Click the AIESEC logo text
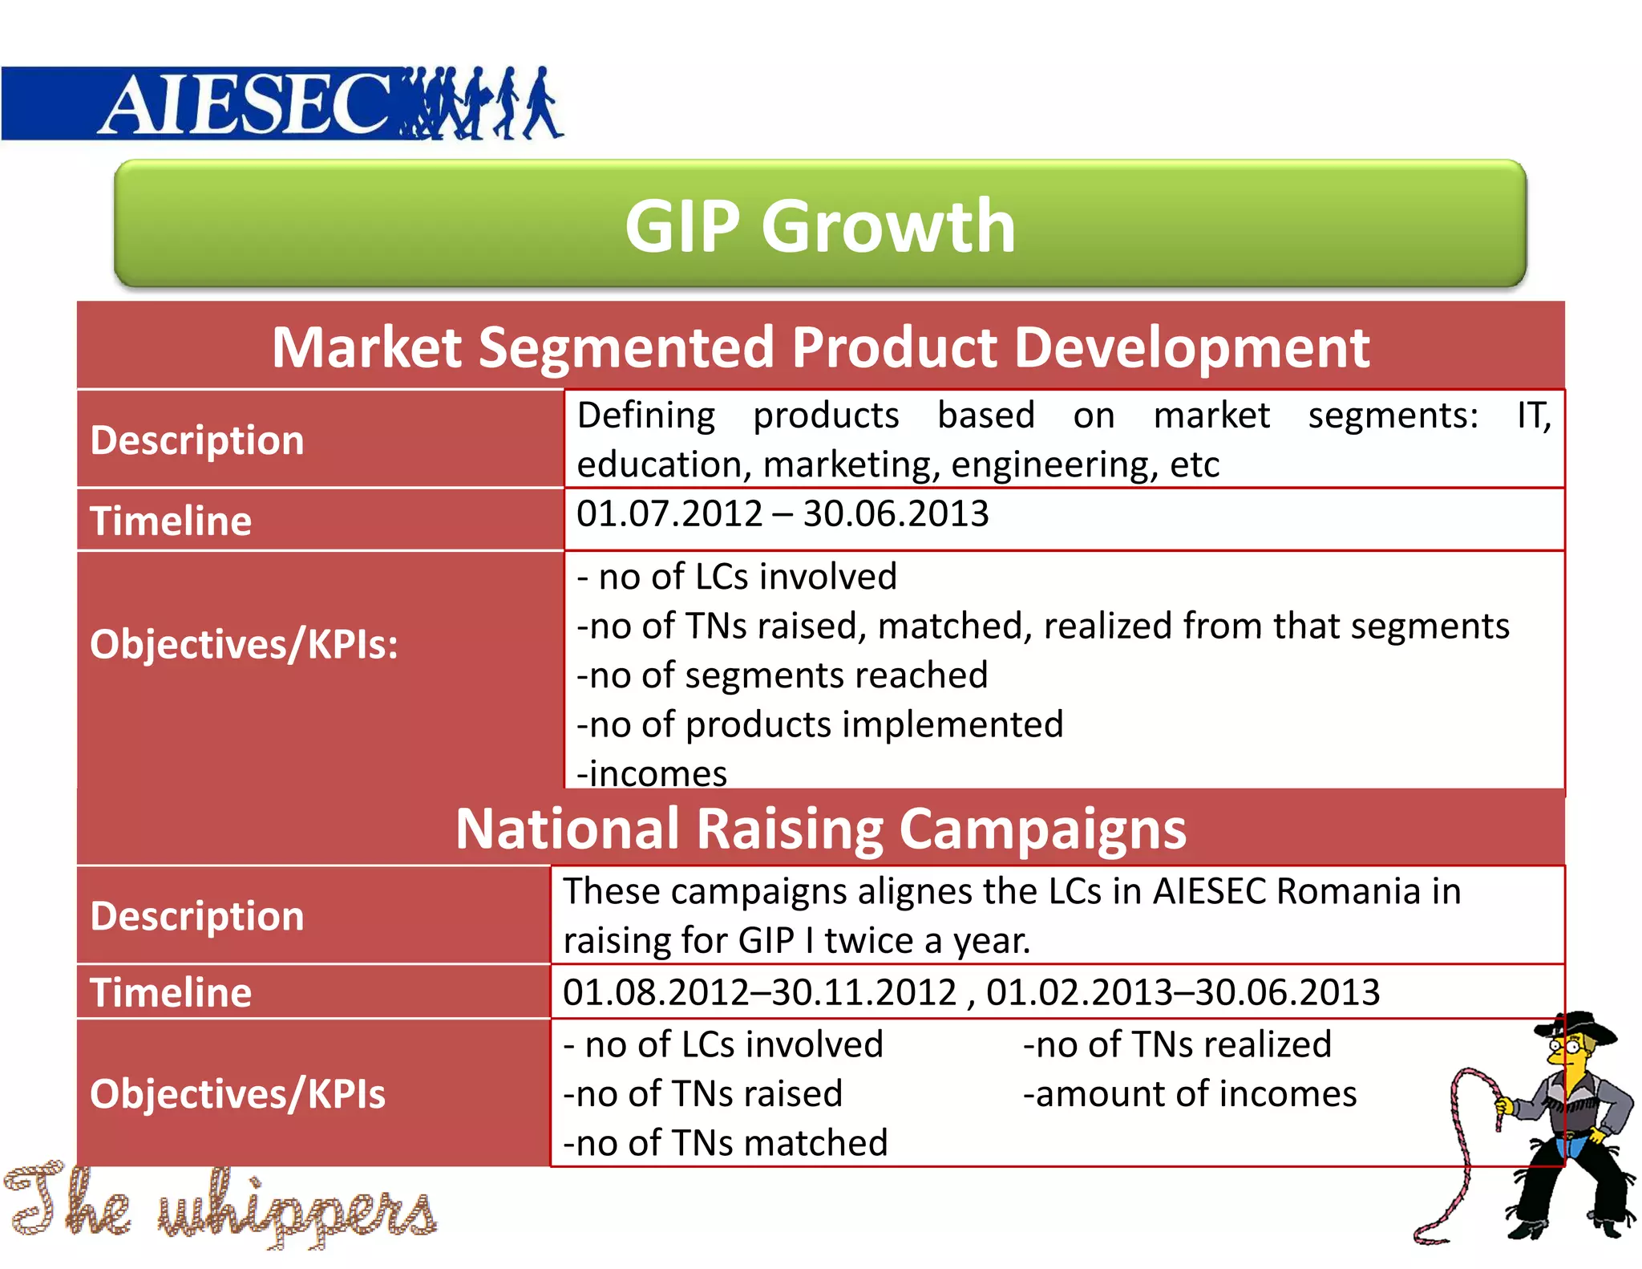tap(245, 104)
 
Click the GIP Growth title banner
tap(819, 225)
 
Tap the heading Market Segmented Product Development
tap(819, 347)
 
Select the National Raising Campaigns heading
tap(819, 829)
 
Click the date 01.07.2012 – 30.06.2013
tap(782, 513)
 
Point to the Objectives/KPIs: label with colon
tap(244, 644)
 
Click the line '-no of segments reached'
tap(782, 675)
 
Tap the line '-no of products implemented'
tap(819, 724)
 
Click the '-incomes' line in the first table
tap(651, 773)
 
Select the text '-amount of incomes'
tap(1189, 1094)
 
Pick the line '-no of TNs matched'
tap(725, 1143)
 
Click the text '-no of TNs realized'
tap(1176, 1044)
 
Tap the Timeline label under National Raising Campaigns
tap(171, 992)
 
